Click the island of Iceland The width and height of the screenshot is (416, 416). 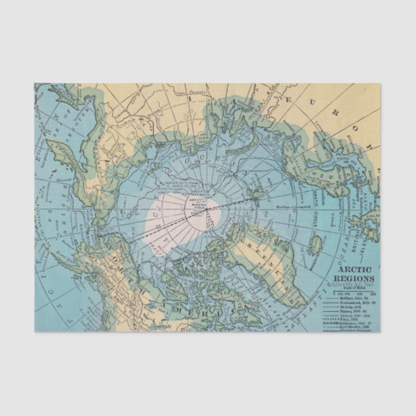[x=316, y=244]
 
